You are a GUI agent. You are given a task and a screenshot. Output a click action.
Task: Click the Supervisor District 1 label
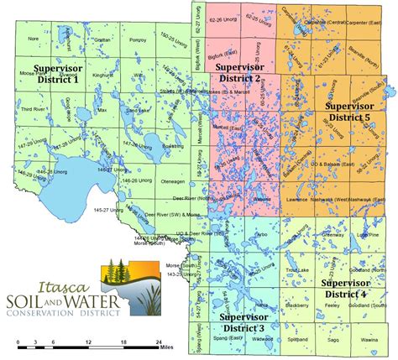coord(56,72)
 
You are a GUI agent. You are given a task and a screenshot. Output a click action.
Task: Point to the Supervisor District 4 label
coord(345,289)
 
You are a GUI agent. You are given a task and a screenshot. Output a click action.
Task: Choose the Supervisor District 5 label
coord(355,112)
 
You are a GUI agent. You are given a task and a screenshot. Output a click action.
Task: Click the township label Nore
coord(34,39)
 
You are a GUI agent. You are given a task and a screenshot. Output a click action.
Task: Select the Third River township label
coord(34,109)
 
